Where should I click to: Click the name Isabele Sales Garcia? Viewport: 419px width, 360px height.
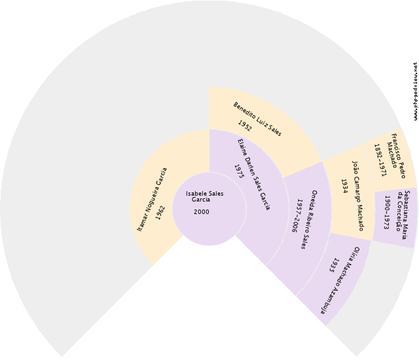point(205,196)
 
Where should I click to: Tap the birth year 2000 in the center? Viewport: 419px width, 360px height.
point(202,212)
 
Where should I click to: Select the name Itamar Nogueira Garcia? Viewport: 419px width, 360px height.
point(152,200)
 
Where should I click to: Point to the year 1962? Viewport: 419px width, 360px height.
point(160,213)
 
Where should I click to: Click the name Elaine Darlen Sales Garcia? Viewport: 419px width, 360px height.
point(254,174)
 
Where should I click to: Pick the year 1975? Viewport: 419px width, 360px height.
point(239,171)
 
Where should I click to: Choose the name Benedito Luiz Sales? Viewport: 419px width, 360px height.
point(257,119)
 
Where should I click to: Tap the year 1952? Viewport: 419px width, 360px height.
point(245,126)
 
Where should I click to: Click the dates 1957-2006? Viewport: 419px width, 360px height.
point(297,216)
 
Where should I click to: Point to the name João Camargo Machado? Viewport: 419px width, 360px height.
point(358,196)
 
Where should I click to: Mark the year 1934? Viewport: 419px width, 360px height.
point(344,186)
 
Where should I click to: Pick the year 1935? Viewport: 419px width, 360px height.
point(333,265)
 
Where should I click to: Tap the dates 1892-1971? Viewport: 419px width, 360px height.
point(380,160)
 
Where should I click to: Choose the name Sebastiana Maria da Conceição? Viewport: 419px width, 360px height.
point(403,215)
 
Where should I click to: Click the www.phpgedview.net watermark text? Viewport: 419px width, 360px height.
point(415,91)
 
